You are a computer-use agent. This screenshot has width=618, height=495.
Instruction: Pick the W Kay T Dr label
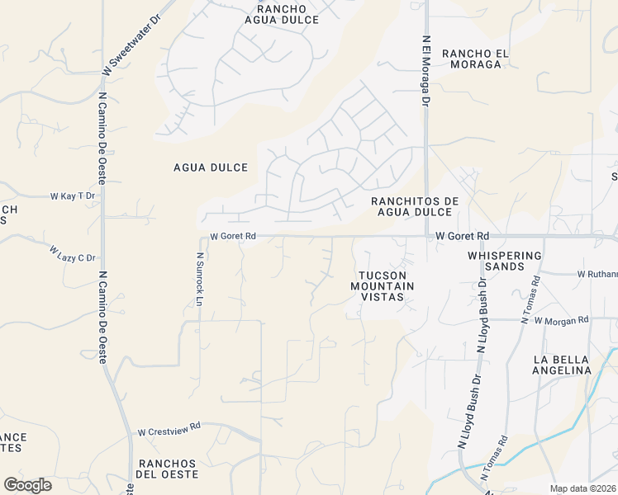coord(74,196)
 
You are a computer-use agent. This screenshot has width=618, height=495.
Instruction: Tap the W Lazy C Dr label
coord(73,253)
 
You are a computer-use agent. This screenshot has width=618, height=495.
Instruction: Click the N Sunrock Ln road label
coord(199,279)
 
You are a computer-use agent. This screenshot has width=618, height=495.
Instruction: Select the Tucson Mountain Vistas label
coord(382,285)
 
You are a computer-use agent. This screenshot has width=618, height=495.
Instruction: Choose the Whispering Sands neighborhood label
coord(504,261)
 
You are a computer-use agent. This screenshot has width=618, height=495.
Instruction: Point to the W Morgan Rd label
coord(561,320)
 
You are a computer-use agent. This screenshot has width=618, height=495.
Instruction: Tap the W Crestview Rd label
coord(169,431)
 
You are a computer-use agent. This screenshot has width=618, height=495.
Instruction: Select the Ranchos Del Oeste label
coord(169,469)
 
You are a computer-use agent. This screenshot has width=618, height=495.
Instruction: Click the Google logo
coord(27,485)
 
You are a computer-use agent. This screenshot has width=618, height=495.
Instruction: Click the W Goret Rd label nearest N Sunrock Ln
coord(233,236)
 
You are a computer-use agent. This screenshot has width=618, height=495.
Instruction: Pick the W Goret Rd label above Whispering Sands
coord(463,236)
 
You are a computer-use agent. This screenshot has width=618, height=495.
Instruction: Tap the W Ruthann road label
coord(597,274)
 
